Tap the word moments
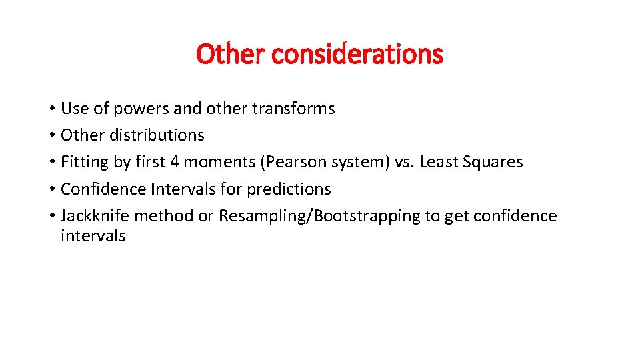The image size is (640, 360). (224, 162)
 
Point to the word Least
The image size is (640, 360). (438, 162)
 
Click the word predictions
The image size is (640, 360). (289, 189)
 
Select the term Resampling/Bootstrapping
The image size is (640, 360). (312, 216)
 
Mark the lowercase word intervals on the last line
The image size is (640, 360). (93, 236)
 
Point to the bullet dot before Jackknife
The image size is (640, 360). (51, 217)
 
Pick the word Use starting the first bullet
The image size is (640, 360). (73, 109)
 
